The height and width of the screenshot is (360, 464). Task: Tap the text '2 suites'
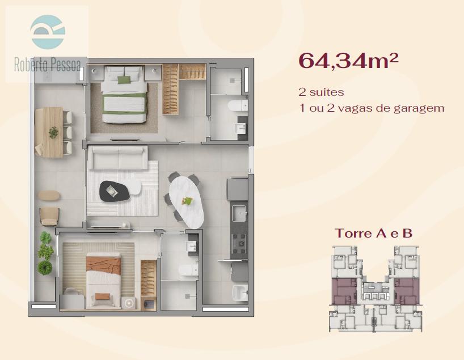pyautogui.click(x=321, y=92)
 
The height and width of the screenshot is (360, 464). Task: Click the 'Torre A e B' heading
pyautogui.click(x=373, y=234)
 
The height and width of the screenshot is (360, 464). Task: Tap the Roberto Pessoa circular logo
pyautogui.click(x=47, y=31)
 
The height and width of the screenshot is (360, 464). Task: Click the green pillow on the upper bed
pyautogui.click(x=124, y=79)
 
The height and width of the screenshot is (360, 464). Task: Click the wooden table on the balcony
pyautogui.click(x=49, y=132)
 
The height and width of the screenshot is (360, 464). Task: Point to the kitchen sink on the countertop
pyautogui.click(x=239, y=213)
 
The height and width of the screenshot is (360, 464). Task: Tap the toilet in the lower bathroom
pyautogui.click(x=188, y=269)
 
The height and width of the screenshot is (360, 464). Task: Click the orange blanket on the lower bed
pyautogui.click(x=104, y=265)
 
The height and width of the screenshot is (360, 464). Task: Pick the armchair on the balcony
pyautogui.click(x=49, y=217)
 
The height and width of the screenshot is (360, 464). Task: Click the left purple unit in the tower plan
pyautogui.click(x=344, y=291)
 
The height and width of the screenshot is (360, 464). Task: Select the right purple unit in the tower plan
pyautogui.click(x=407, y=291)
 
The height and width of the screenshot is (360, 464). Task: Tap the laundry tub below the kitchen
pyautogui.click(x=240, y=293)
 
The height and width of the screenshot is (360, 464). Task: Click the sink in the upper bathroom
pyautogui.click(x=241, y=128)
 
